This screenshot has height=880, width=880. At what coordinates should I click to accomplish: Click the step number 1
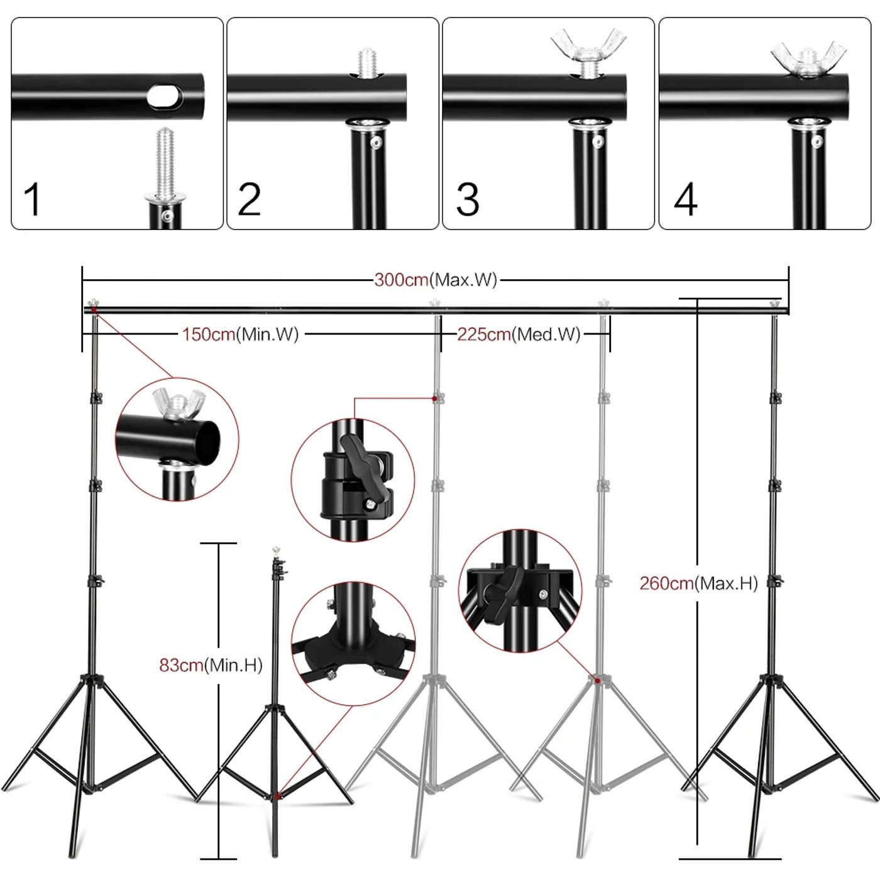point(33,199)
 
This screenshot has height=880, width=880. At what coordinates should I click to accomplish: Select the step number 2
point(250,199)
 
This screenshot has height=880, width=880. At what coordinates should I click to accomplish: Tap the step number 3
point(468,199)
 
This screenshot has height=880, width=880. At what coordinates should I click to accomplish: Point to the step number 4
point(686,199)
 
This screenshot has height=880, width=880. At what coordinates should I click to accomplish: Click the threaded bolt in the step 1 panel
point(165,165)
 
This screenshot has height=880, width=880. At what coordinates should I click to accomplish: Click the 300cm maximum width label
point(436,280)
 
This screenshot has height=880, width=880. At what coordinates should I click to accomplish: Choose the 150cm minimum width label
point(240,334)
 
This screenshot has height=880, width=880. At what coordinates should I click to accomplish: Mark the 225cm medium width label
point(519,334)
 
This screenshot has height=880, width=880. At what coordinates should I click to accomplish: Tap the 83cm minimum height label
point(211,665)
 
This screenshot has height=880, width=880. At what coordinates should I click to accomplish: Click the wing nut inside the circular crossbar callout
point(178,404)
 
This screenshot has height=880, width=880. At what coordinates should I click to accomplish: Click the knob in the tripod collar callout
point(503,593)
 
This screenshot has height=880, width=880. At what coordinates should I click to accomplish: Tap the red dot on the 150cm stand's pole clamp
point(435,399)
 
